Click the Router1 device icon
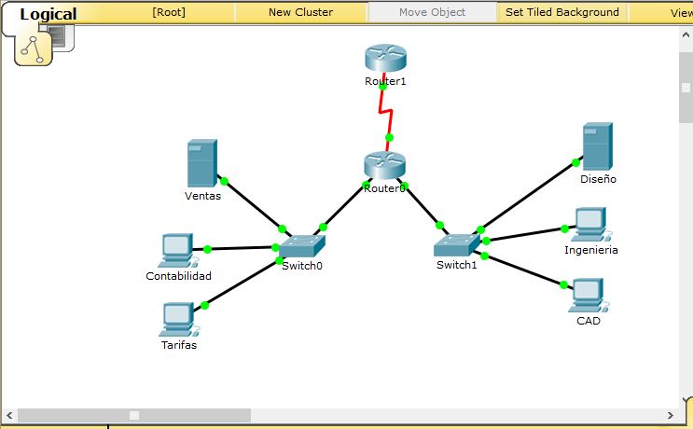point(385,58)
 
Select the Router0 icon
point(384,166)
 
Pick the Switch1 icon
point(456,244)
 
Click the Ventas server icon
point(201,163)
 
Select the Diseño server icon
point(597,146)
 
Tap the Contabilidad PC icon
point(175,250)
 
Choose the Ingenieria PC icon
point(589,224)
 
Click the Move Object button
point(432,12)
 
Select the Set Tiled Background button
point(562,12)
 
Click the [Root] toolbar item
point(169,12)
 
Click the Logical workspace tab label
point(49,14)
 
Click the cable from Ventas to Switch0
point(253,204)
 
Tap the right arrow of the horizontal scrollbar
point(669,415)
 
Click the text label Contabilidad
point(179,276)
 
